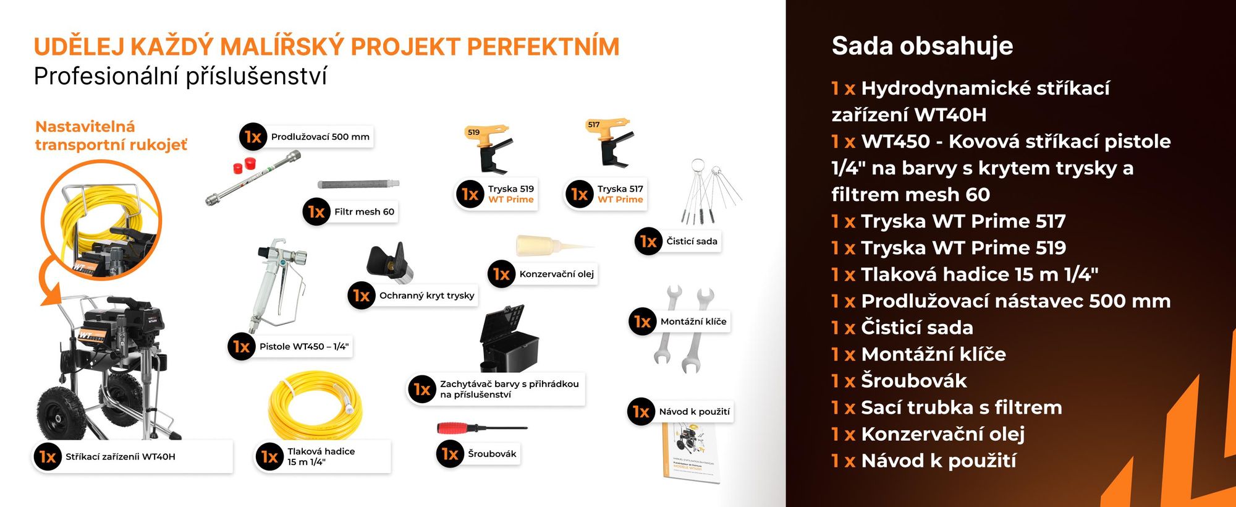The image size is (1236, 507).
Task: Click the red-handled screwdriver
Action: (x=481, y=428)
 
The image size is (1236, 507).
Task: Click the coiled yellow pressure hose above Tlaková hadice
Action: (x=315, y=405)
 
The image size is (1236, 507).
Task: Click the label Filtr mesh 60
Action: (x=364, y=211)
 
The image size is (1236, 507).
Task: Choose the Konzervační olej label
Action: (x=556, y=274)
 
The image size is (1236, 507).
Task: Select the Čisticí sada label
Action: (x=692, y=241)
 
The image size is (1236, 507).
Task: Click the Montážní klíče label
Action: (x=693, y=322)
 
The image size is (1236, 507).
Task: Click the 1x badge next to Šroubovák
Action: (x=450, y=454)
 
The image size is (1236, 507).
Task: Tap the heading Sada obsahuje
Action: (x=922, y=46)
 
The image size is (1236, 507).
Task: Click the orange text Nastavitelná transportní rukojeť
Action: (x=111, y=135)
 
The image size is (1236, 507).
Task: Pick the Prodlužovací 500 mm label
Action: (x=320, y=137)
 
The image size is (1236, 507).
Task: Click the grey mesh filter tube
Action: (x=358, y=184)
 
